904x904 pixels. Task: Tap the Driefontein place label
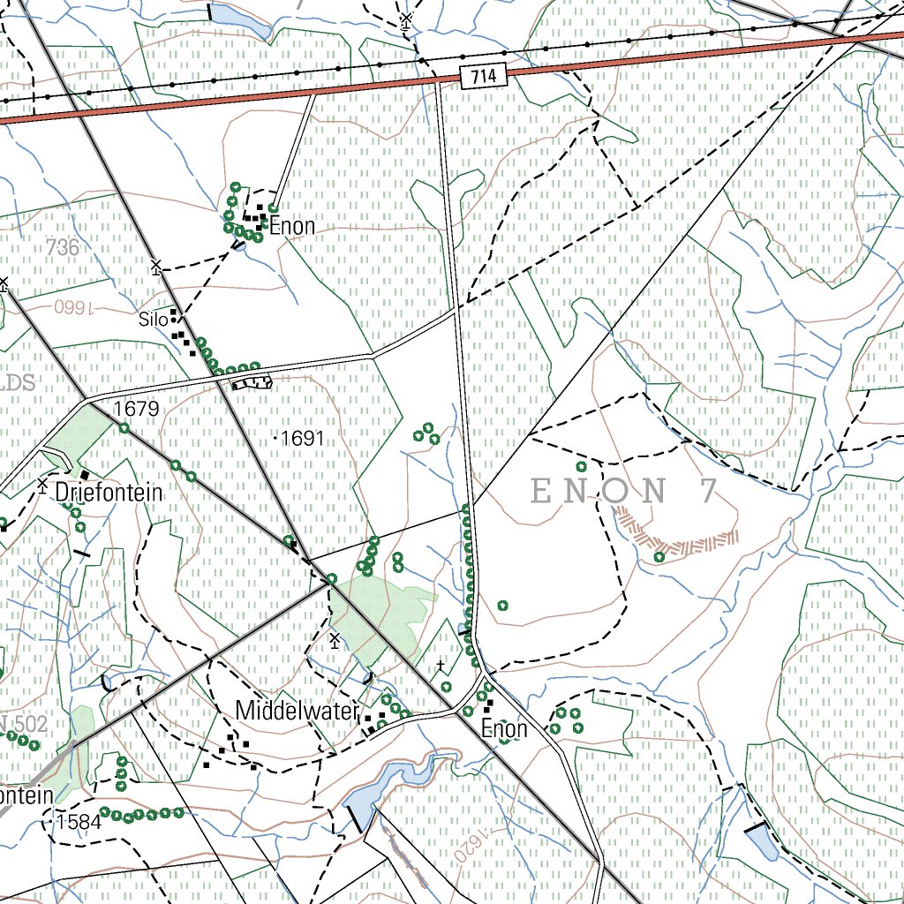pyautogui.click(x=109, y=493)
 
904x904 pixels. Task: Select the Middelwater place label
pyautogui.click(x=297, y=711)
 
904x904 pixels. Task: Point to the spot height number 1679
pyautogui.click(x=136, y=409)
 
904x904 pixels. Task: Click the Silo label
pyautogui.click(x=152, y=320)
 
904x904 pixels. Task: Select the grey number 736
pyautogui.click(x=63, y=248)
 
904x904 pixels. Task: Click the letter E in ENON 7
pyautogui.click(x=544, y=491)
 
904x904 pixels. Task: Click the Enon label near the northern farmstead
pyautogui.click(x=292, y=227)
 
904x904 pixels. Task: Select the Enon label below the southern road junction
pyautogui.click(x=504, y=729)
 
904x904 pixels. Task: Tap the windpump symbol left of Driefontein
pyautogui.click(x=41, y=485)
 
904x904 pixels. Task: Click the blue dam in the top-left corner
pyautogui.click(x=240, y=19)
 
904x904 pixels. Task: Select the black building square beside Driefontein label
pyautogui.click(x=85, y=476)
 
